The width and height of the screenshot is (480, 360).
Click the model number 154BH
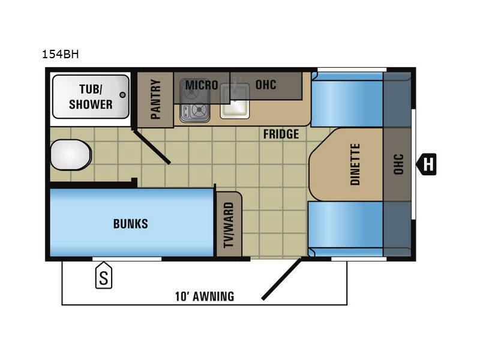pos(61,54)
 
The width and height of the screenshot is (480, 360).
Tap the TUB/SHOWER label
pos(91,97)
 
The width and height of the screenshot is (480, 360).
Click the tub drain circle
pos(123,95)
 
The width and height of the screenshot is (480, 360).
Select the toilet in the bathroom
pos(71,155)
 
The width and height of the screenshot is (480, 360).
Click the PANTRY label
pos(155,99)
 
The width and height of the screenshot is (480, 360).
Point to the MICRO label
pos(202,85)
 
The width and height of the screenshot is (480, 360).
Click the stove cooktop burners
pos(194,101)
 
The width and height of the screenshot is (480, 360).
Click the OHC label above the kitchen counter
pos(266,85)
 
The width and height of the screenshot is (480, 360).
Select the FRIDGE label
pos(281,134)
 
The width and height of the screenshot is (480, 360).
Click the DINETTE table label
pos(355,164)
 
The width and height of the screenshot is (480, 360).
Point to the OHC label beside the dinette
pos(398,164)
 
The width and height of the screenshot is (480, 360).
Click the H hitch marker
pos(427,164)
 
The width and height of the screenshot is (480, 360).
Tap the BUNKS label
pos(131,224)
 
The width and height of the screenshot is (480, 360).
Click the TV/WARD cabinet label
pos(229,224)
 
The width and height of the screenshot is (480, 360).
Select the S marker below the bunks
pos(104,275)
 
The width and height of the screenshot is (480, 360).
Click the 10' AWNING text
pos(205,296)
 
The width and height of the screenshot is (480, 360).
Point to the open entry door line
pos(281,279)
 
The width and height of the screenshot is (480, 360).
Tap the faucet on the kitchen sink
pos(235,84)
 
